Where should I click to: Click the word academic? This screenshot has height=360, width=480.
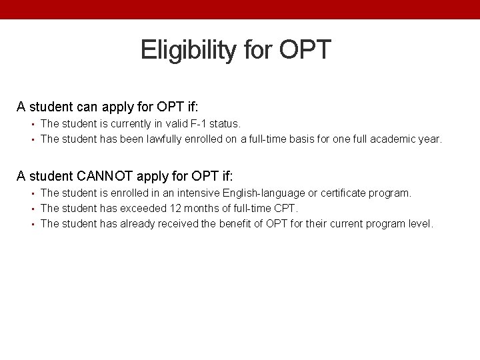click(x=391, y=139)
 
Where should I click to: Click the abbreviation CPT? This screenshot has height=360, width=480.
click(x=285, y=208)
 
